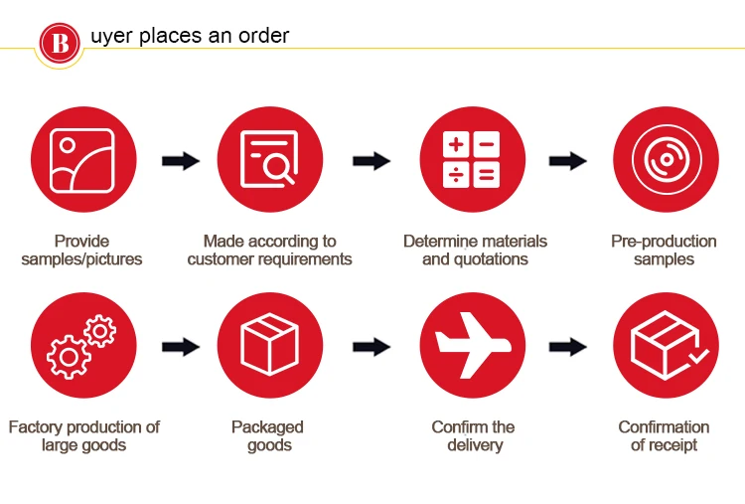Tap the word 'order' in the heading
(x=265, y=36)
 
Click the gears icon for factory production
(x=82, y=345)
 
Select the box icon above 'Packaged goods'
(x=270, y=345)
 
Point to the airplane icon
(x=471, y=345)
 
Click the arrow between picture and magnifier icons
(x=179, y=160)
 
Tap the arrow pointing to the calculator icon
(x=371, y=160)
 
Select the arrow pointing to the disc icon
(x=567, y=160)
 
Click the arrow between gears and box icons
(x=179, y=346)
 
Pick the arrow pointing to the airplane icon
(x=371, y=346)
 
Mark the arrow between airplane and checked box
(x=567, y=346)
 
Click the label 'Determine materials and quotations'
(x=475, y=251)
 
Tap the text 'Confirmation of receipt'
(x=664, y=436)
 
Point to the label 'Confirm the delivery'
(x=474, y=436)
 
